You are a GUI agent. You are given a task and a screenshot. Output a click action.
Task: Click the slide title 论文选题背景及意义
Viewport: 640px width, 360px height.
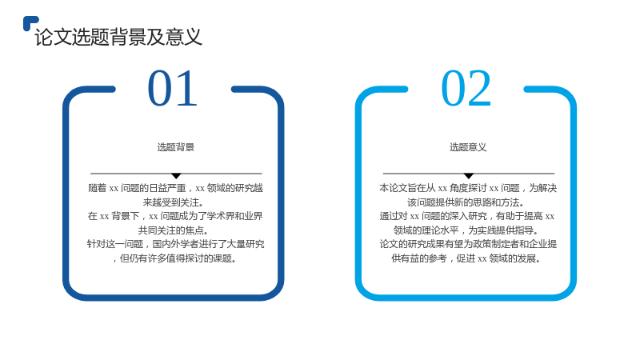point(118,37)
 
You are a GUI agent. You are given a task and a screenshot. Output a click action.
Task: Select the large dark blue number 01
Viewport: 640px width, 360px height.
point(173,88)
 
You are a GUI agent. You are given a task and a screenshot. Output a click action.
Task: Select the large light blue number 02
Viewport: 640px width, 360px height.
point(466,88)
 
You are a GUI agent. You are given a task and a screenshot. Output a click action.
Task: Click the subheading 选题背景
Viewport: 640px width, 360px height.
point(176,147)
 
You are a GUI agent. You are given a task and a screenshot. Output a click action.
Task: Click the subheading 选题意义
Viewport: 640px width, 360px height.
point(468,147)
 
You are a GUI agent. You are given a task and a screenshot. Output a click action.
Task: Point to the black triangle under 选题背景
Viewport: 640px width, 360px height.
point(176,175)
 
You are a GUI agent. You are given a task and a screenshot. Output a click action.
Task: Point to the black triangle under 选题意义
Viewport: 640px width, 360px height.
point(469,175)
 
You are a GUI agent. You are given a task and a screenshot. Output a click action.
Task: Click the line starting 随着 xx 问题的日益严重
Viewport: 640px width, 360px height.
point(175,188)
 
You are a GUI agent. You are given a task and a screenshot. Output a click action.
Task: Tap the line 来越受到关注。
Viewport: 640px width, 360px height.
point(174,202)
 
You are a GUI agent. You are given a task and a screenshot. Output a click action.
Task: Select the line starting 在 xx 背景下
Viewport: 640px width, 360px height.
point(175,216)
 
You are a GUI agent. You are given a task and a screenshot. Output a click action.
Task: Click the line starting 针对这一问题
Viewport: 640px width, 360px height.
point(175,244)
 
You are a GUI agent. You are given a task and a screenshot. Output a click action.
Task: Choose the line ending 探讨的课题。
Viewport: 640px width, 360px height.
point(174,258)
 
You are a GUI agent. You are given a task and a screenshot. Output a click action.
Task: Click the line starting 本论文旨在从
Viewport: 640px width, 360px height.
point(468,188)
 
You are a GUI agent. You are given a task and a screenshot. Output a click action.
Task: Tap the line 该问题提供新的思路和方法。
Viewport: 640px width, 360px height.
point(466,202)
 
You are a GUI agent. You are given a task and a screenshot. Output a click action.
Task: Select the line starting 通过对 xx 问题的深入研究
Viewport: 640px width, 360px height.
point(467,216)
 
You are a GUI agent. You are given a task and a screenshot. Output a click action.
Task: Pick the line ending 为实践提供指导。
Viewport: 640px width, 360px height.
point(466,230)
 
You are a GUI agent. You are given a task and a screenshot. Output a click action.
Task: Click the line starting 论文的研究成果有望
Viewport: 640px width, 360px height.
point(468,244)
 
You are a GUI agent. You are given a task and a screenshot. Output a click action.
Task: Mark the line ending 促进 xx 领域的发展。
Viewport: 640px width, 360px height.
point(466,258)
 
